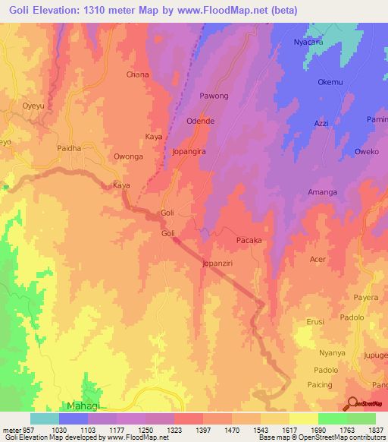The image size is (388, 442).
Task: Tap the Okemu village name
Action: click(330, 82)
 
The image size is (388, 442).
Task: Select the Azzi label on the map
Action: click(321, 122)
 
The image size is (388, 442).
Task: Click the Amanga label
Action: click(322, 192)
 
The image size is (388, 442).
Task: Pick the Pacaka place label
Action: click(249, 240)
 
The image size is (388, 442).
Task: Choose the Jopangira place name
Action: click(190, 152)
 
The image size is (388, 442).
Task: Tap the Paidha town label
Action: click(69, 149)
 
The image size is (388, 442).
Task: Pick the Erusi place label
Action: click(315, 321)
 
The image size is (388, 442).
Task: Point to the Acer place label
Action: click(318, 259)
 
